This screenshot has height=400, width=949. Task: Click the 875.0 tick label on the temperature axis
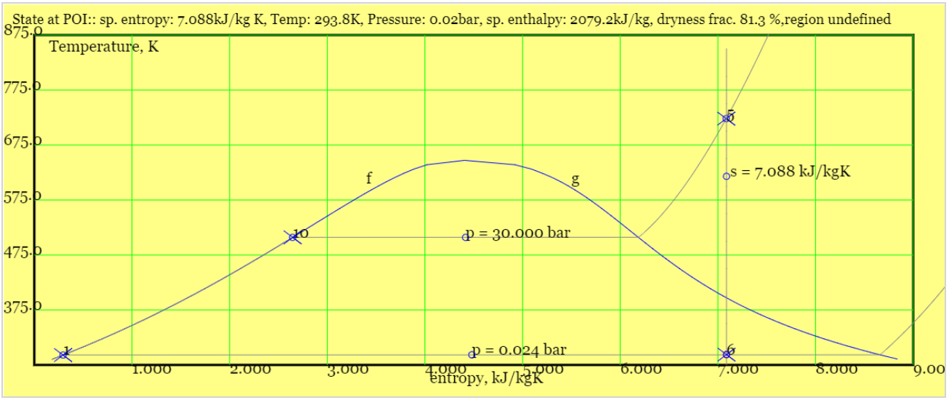click(x=20, y=32)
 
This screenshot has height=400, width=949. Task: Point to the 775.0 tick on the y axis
click(x=20, y=88)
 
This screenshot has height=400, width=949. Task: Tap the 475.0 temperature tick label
click(x=20, y=252)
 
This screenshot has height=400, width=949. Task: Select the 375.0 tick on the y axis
click(x=20, y=308)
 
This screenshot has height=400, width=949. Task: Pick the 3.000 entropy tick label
click(x=347, y=370)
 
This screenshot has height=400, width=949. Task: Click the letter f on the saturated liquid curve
click(x=368, y=177)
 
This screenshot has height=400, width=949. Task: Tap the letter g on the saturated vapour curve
click(x=576, y=180)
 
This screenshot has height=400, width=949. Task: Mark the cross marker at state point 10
click(x=292, y=237)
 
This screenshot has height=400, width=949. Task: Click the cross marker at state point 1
click(x=63, y=354)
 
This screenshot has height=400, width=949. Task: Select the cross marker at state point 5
click(x=727, y=118)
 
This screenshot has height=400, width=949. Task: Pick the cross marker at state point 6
click(x=727, y=354)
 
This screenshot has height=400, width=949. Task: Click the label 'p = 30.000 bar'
click(x=518, y=233)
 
